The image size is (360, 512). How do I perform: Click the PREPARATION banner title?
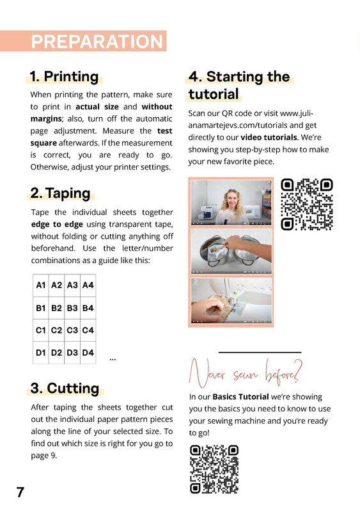pyautogui.click(x=97, y=42)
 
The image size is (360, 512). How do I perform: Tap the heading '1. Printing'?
pyautogui.click(x=64, y=76)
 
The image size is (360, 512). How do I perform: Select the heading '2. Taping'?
pyautogui.click(x=60, y=193)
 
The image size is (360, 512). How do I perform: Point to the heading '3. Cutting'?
pyautogui.click(x=65, y=388)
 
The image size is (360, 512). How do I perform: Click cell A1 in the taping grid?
pyautogui.click(x=41, y=285)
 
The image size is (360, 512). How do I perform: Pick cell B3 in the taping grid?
pyautogui.click(x=72, y=308)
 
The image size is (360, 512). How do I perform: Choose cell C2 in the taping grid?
pyautogui.click(x=56, y=330)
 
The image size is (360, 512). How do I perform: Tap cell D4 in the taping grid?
pyautogui.click(x=88, y=353)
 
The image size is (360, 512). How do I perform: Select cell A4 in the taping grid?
pyautogui.click(x=88, y=285)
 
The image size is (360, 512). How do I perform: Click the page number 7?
pyautogui.click(x=20, y=492)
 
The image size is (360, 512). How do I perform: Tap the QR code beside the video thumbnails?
pyautogui.click(x=306, y=204)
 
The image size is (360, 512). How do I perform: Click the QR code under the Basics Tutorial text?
pyautogui.click(x=214, y=470)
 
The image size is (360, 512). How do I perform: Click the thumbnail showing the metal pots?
pyautogui.click(x=231, y=252)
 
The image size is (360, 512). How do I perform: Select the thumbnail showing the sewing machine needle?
pyautogui.click(x=231, y=301)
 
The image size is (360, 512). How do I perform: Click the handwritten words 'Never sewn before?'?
pyautogui.click(x=246, y=373)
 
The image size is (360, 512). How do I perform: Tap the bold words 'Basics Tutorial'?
pyautogui.click(x=240, y=397)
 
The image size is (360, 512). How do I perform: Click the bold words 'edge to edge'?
pyautogui.click(x=57, y=225)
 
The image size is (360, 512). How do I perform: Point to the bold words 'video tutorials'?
pyautogui.click(x=269, y=137)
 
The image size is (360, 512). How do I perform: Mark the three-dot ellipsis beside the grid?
pyautogui.click(x=113, y=360)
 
